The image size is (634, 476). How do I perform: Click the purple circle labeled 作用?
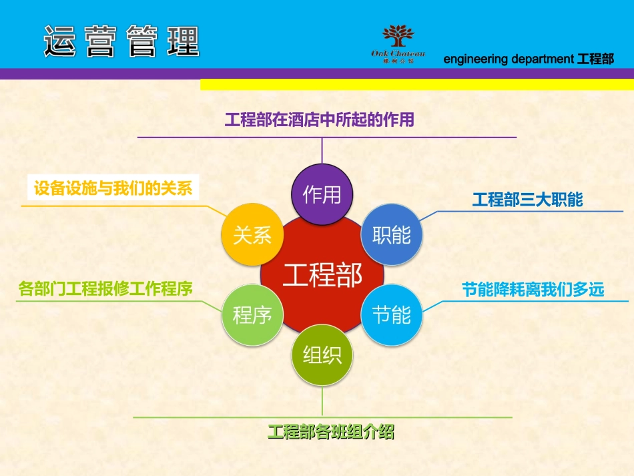[322, 194]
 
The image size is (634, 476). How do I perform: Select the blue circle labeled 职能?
[392, 235]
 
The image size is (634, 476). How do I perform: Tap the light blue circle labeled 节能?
[392, 314]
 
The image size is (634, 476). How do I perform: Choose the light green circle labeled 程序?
[252, 314]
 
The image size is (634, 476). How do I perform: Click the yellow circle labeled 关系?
[252, 235]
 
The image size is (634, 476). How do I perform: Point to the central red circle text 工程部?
[322, 274]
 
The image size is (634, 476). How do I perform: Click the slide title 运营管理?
[121, 41]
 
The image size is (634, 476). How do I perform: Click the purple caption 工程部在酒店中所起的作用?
[319, 120]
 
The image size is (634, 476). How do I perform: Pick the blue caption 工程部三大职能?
[527, 200]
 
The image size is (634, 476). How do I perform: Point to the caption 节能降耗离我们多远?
[533, 290]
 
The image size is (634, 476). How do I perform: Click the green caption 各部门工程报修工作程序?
[105, 289]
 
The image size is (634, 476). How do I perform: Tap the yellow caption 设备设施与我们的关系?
[113, 188]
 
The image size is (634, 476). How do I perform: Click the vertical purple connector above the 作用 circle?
[322, 150]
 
